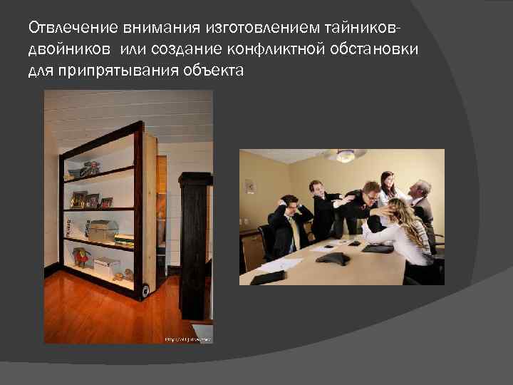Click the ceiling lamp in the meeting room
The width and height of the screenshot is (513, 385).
(x=345, y=155)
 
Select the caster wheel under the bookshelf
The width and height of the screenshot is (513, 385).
(x=145, y=290)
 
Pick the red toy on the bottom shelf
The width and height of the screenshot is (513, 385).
(x=80, y=257)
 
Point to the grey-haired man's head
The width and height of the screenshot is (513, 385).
(x=421, y=189)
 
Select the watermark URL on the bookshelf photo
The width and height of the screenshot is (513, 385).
(x=187, y=339)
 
